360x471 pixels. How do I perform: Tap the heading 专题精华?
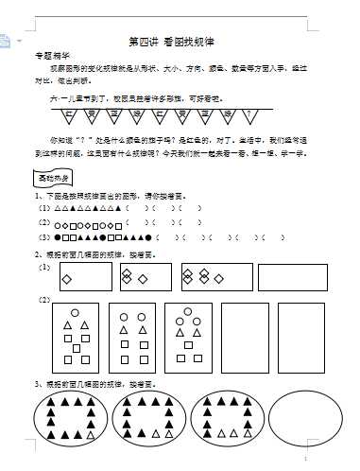click(50, 57)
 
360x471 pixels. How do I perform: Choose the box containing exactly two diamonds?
click(146, 277)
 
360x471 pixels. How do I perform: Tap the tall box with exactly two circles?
click(131, 338)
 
